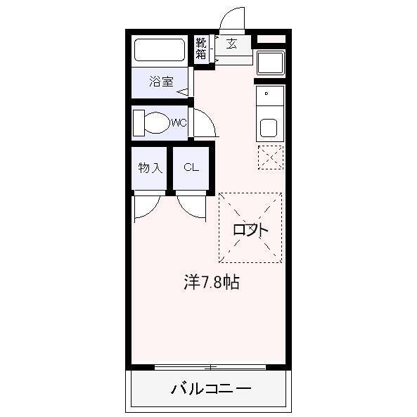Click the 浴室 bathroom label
[161, 82]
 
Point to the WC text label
[179, 123]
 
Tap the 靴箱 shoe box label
[202, 49]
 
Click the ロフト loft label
[250, 229]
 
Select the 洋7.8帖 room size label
[211, 283]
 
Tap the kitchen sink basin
[269, 128]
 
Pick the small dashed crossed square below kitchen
[270, 157]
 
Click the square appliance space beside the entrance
[270, 63]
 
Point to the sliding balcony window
[210, 366]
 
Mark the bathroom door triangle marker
[183, 91]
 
